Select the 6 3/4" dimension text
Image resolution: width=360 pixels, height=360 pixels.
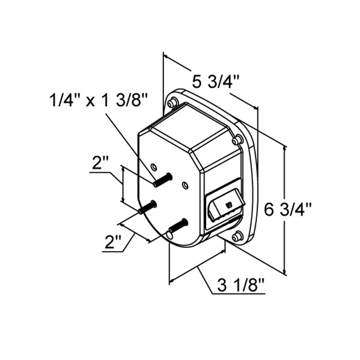tap(288, 210)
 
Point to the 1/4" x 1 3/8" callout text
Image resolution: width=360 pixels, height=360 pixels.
tap(99, 101)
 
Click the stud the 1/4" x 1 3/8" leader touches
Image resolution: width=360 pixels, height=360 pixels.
tap(162, 180)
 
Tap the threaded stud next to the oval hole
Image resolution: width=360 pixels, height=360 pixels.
tap(178, 225)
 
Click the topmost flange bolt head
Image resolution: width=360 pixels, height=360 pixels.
tap(171, 103)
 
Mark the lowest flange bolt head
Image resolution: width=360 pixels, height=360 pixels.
tap(237, 236)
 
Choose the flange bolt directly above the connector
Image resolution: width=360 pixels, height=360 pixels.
tap(237, 140)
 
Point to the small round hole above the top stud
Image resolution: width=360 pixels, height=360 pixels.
tap(154, 166)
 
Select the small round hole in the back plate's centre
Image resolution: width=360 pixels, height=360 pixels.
tap(184, 184)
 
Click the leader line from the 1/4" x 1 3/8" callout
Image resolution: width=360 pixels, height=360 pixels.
tap(130, 144)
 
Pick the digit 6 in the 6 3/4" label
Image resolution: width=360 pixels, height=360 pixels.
tap(270, 210)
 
